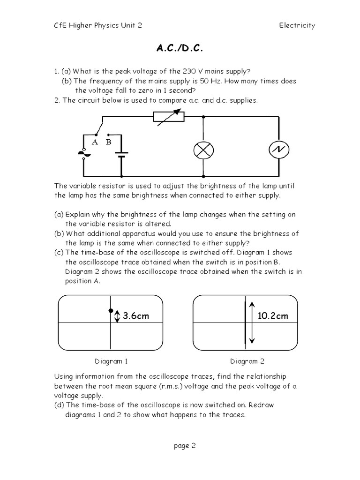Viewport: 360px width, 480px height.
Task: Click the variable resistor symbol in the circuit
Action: click(169, 117)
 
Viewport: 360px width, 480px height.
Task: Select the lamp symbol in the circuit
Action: click(203, 150)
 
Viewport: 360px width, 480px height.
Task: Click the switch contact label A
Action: click(95, 142)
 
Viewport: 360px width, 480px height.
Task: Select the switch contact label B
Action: click(108, 142)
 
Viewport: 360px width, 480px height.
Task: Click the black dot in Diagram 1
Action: click(111, 310)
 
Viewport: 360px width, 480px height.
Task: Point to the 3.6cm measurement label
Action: click(135, 316)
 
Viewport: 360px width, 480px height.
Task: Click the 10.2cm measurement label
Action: click(273, 316)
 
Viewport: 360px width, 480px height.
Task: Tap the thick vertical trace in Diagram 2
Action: click(245, 323)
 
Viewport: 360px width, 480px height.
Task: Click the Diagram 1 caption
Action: click(111, 361)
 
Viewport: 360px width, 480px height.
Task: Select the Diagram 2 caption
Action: click(247, 361)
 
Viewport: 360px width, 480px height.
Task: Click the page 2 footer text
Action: click(184, 446)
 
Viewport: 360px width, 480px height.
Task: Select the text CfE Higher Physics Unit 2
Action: click(98, 25)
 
